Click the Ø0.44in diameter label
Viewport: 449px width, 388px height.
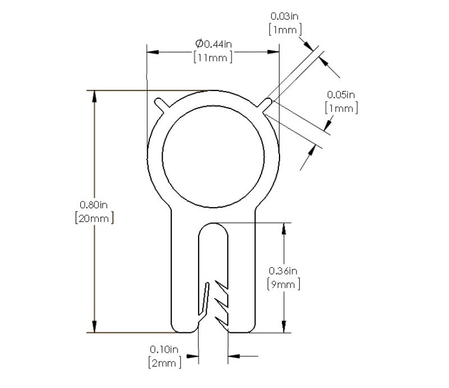coord(213,43)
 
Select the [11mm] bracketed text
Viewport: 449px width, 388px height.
coord(213,57)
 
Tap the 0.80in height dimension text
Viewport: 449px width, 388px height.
coord(94,204)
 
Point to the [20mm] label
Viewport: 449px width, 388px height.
coord(94,218)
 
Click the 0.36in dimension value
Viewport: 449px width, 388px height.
coord(283,271)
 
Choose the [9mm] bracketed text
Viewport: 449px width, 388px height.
coord(283,285)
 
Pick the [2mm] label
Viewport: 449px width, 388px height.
coord(165,363)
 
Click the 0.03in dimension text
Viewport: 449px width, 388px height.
coord(286,17)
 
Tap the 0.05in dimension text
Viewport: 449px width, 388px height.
coord(341,94)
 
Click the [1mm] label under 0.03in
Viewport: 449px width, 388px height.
coord(286,30)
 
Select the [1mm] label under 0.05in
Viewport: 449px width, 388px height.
coord(341,107)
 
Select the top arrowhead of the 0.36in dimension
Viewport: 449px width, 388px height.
coord(285,228)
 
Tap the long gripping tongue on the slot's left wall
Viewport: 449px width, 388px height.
coord(205,298)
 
